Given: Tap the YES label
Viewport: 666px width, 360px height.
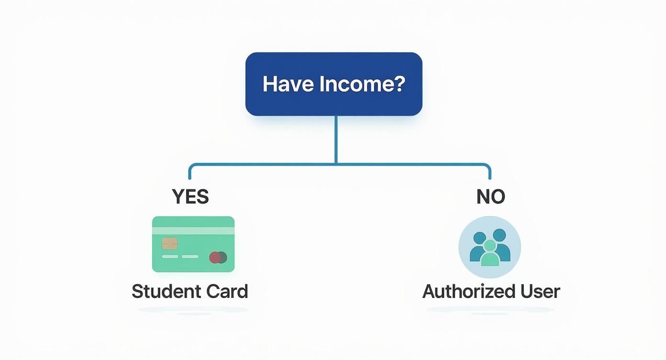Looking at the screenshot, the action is click(190, 197).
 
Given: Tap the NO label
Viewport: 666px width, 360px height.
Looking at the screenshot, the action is click(490, 197).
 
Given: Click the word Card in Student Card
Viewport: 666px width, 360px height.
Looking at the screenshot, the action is click(227, 292).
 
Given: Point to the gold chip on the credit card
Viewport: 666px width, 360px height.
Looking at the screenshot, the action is click(170, 243).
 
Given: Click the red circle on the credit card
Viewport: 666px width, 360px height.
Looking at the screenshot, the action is click(215, 258).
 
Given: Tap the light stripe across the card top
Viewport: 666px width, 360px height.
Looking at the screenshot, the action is click(193, 230).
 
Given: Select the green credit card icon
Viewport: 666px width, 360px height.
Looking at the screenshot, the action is click(193, 244).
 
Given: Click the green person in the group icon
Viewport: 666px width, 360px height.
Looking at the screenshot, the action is click(490, 254).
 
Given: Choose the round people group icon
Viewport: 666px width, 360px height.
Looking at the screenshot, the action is click(490, 247).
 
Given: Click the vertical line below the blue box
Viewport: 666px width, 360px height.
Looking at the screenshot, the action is click(336, 139).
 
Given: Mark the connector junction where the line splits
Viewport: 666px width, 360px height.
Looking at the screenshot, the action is click(336, 164).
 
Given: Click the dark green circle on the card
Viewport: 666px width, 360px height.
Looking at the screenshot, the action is click(222, 258).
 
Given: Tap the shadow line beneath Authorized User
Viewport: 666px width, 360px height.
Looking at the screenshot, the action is click(490, 310).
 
